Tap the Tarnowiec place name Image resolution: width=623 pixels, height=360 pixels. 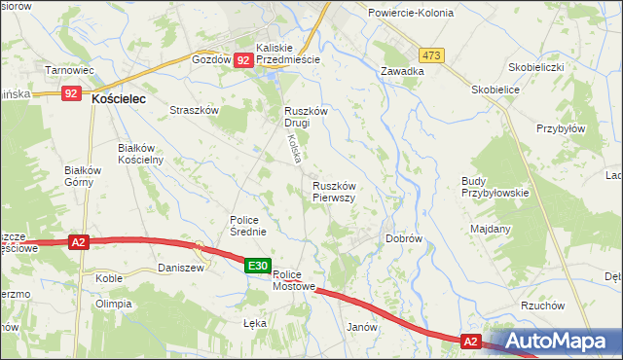point(70,70)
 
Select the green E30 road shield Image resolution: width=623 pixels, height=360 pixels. point(257,266)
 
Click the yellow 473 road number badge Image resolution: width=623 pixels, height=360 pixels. point(432,55)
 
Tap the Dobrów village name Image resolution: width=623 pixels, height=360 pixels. point(403,238)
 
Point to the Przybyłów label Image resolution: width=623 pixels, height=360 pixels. point(561,128)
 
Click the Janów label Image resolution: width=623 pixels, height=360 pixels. point(361,328)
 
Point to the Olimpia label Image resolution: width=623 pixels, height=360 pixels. point(113,304)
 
